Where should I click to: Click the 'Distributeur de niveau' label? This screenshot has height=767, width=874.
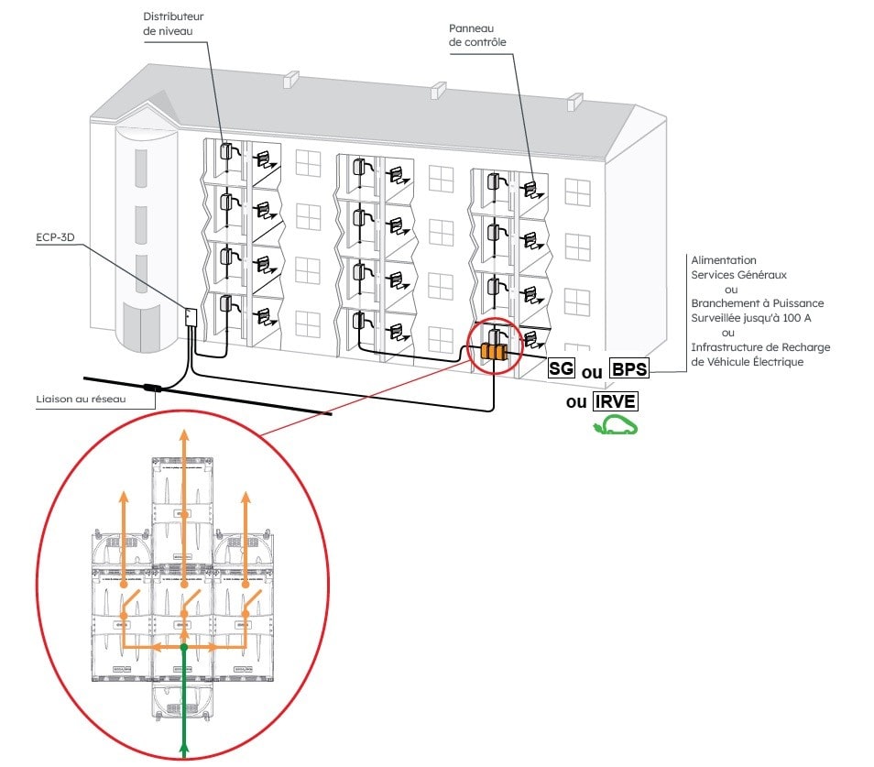click(x=173, y=24)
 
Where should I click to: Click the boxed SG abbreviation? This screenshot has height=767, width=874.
click(x=561, y=369)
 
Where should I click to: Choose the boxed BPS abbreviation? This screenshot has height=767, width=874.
click(x=628, y=369)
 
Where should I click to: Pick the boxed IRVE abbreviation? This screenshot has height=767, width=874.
click(x=615, y=400)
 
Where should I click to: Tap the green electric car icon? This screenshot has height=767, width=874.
click(x=615, y=425)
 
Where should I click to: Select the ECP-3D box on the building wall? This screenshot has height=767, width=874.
click(x=190, y=317)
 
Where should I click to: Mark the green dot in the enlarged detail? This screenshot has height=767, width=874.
click(x=184, y=648)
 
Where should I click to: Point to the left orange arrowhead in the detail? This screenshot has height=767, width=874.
click(x=125, y=498)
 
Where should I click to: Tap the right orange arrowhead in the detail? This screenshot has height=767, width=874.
click(x=245, y=498)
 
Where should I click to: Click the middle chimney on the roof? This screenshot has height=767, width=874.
click(x=438, y=91)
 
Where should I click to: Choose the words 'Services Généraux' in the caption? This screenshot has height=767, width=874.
click(x=738, y=274)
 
